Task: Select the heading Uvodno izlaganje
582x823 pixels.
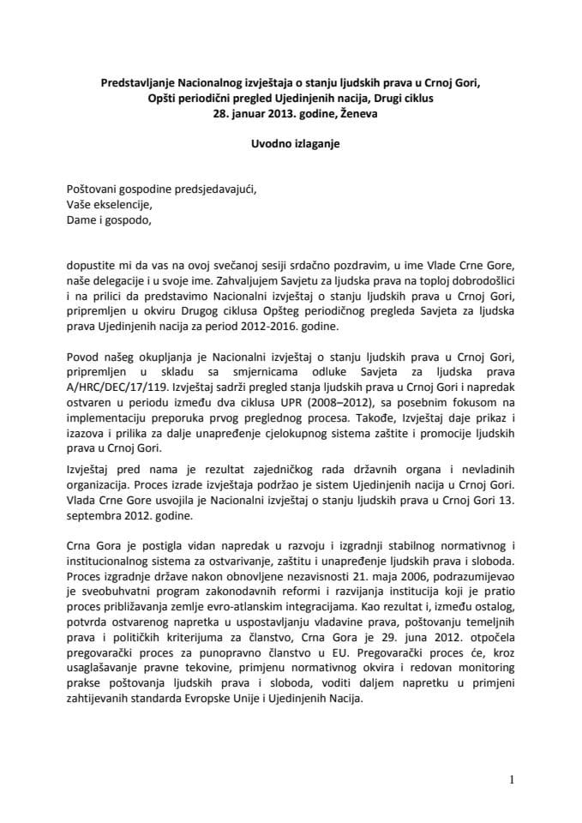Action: [291, 144]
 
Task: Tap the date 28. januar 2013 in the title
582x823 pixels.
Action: [254, 112]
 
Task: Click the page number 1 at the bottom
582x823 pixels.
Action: [511, 779]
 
